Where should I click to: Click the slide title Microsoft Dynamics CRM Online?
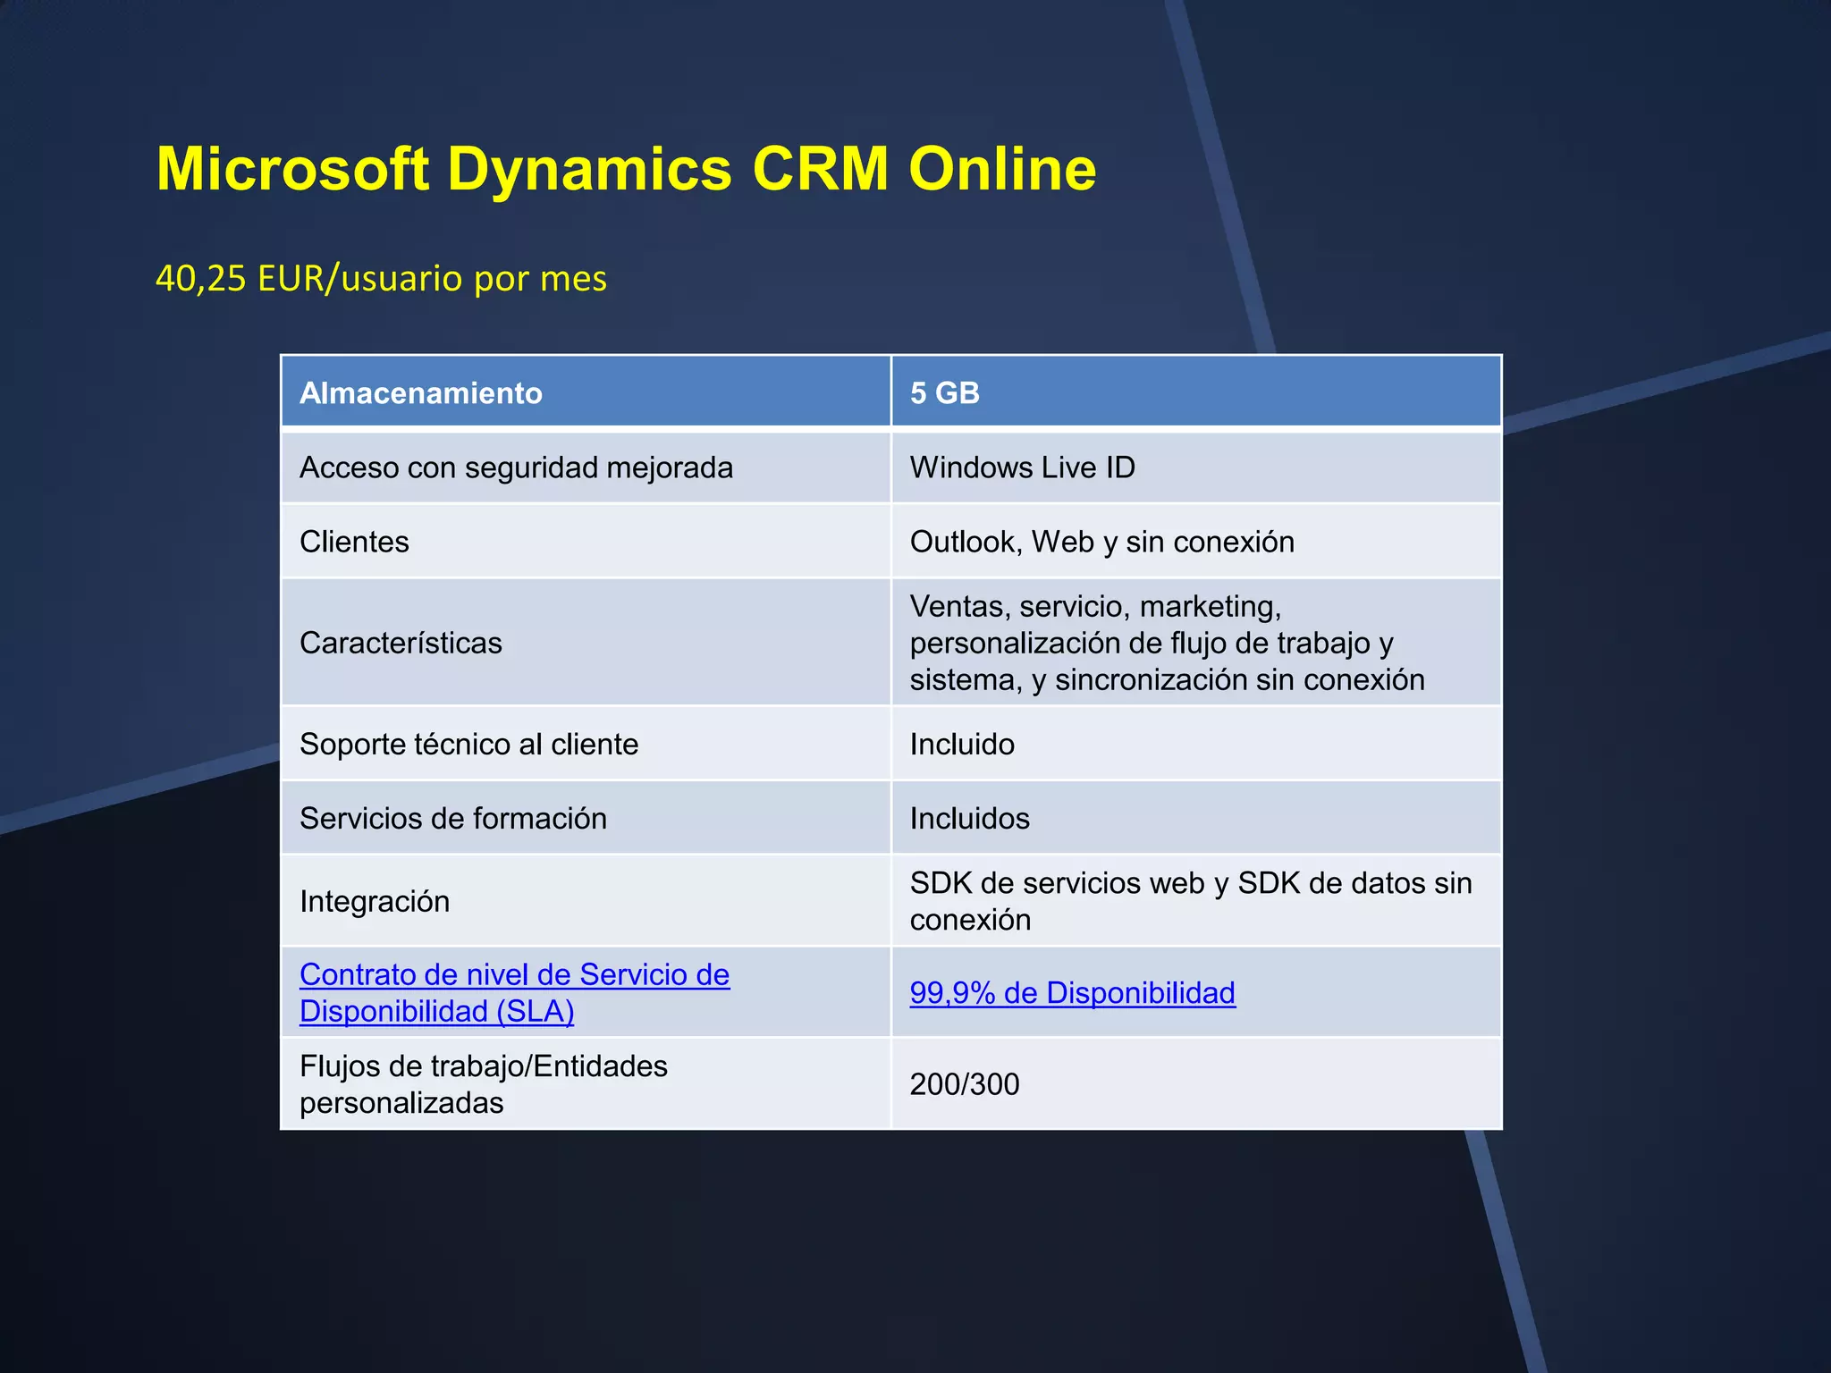coord(626,169)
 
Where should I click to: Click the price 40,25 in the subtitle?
coord(200,279)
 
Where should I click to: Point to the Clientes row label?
coord(354,542)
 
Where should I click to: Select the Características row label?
coord(401,643)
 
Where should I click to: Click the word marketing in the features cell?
coord(1210,607)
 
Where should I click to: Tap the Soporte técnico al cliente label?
coord(468,744)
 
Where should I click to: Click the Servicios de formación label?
coord(452,818)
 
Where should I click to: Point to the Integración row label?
coord(375,901)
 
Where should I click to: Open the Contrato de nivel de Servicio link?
coord(514,975)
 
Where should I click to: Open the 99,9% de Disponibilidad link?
coord(1072,993)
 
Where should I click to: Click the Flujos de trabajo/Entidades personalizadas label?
coord(483,1084)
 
